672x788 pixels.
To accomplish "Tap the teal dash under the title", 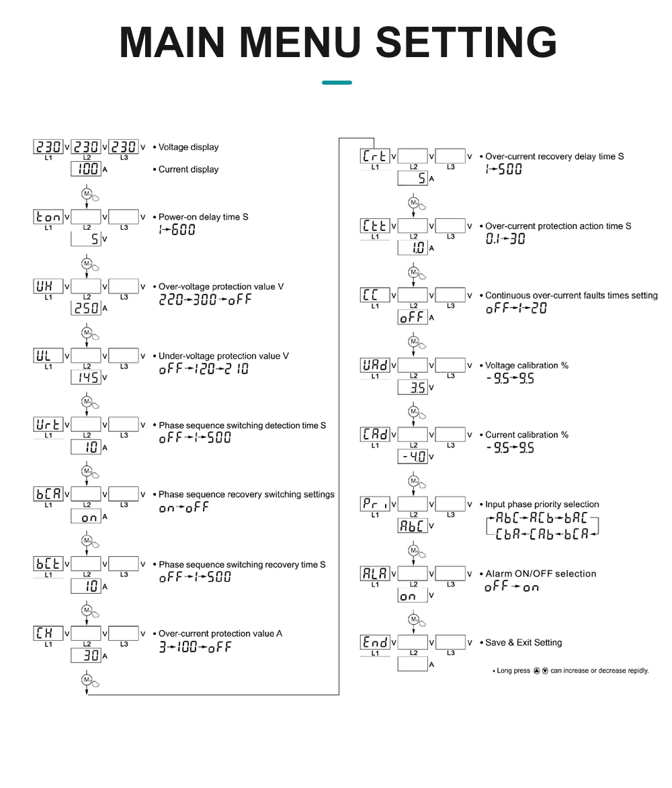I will coord(337,83).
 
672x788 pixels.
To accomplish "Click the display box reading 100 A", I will coord(86,169).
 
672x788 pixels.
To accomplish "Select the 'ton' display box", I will coord(48,216).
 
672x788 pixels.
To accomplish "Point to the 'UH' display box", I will coord(48,286).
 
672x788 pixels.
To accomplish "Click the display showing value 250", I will coord(86,308).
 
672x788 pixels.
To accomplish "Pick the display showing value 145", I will coord(86,378).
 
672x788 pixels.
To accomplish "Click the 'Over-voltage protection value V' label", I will coord(221,286).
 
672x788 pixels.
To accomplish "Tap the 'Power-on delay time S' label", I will coord(203,217).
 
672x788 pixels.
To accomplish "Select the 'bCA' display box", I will coord(48,494).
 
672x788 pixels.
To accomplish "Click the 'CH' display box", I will coord(48,633).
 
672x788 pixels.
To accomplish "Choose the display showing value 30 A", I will coord(86,656).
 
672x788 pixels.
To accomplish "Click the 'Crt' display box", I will coord(375,156).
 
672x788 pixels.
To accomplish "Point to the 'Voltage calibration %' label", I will coord(527,365).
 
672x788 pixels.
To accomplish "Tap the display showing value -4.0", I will coord(413,457).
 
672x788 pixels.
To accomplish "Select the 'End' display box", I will coord(375,642).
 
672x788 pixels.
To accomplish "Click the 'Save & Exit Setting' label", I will coord(523,643).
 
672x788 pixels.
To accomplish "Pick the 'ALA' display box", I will coord(375,573).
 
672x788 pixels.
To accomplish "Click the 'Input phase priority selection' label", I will coord(542,505).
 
